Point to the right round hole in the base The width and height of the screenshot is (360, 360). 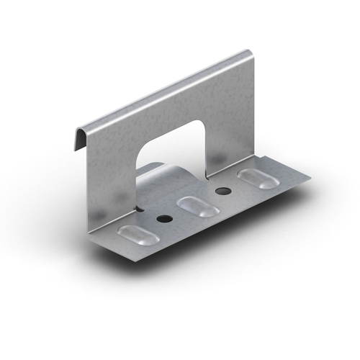coord(222,191)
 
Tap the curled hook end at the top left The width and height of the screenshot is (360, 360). coord(81,138)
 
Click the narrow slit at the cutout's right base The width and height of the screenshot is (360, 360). coord(206,173)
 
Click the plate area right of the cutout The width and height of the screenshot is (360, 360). coord(230,122)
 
